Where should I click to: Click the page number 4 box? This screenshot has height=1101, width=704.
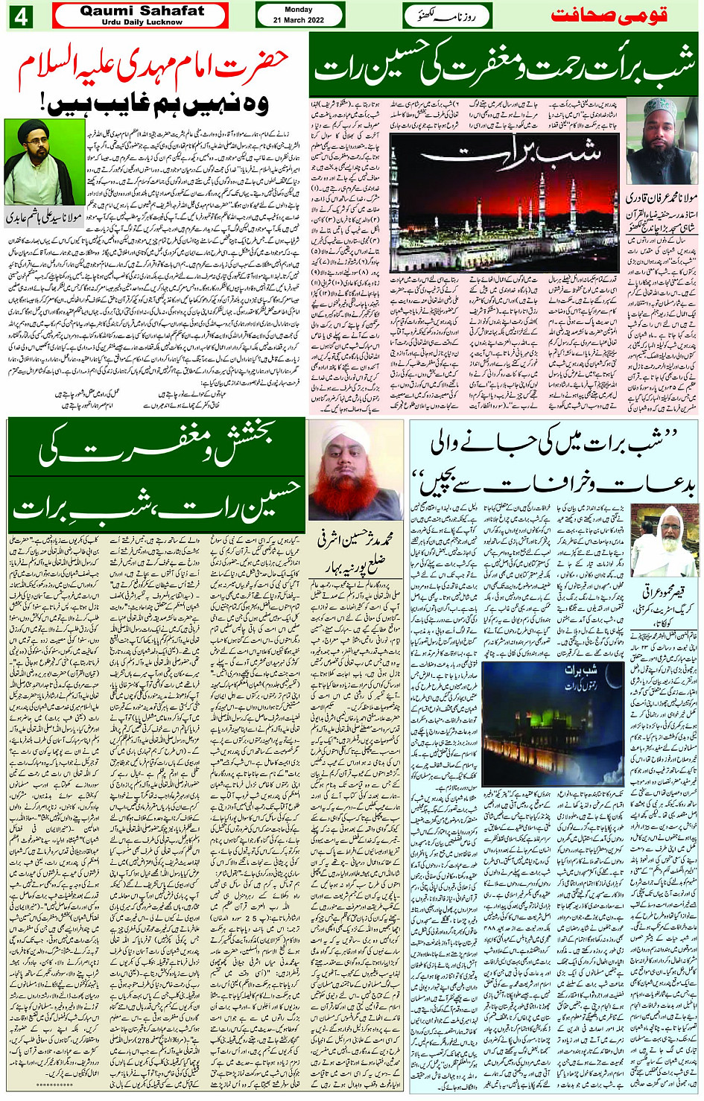click(x=21, y=16)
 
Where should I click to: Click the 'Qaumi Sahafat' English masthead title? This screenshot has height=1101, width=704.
click(x=142, y=10)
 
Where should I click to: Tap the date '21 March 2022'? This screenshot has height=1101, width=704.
click(x=299, y=20)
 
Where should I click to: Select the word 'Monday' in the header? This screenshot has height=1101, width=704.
click(x=299, y=10)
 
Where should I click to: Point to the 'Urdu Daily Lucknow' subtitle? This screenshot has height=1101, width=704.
click(x=142, y=22)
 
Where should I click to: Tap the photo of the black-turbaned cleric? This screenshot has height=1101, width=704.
click(x=34, y=162)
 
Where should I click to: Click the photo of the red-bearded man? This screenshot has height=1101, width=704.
click(x=356, y=469)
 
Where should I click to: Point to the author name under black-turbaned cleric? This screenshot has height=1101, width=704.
click(x=45, y=218)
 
